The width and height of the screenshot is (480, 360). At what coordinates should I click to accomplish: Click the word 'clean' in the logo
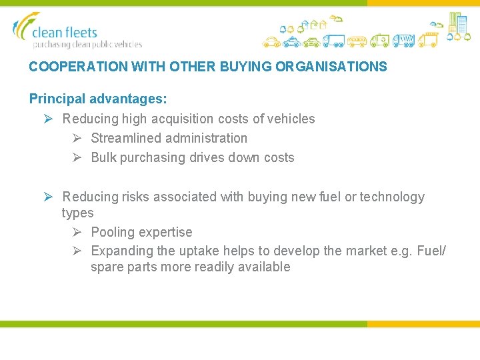tap(48, 32)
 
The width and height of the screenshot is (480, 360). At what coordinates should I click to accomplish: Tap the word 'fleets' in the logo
tap(81, 32)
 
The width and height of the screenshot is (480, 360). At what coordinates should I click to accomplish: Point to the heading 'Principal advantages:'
tap(98, 99)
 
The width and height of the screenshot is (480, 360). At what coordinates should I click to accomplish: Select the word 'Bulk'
tap(103, 158)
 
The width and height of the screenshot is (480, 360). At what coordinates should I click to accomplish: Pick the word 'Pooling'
tap(111, 233)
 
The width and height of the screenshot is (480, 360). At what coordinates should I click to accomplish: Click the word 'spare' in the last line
tap(107, 267)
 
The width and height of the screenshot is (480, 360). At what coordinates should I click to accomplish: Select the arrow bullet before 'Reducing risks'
tap(49, 197)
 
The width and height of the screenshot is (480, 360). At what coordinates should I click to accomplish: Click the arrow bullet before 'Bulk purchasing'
tap(77, 158)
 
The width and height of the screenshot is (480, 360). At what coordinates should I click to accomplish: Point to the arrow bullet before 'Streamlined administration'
tap(77, 139)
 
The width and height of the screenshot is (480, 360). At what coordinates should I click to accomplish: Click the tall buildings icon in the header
tap(458, 23)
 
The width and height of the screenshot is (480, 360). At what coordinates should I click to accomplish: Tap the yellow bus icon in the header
tap(357, 41)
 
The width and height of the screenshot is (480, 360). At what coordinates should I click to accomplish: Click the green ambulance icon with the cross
tap(380, 41)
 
